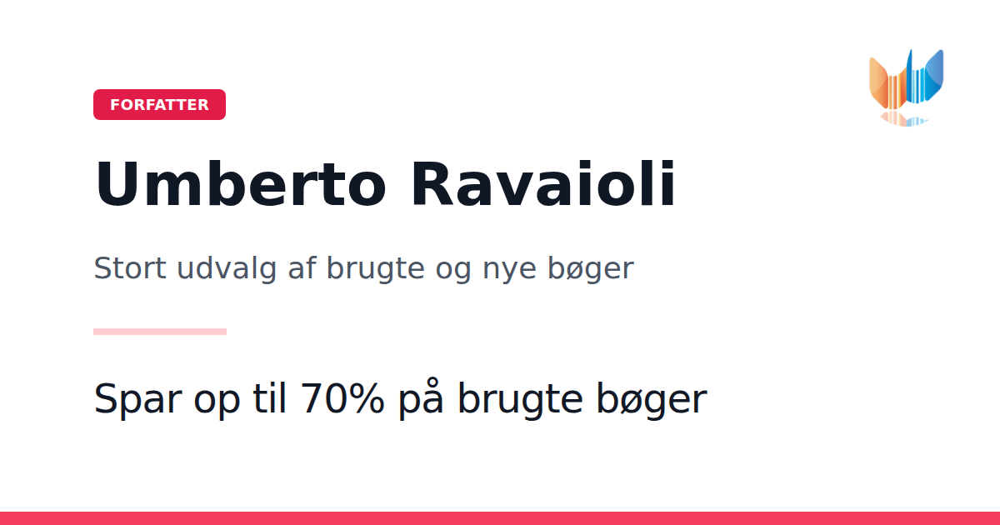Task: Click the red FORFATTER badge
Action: pos(159,104)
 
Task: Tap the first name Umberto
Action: pos(240,184)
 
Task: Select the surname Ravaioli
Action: pos(542,184)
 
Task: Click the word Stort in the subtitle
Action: pos(130,268)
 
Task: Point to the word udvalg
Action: pos(227,269)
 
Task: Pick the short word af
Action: pos(302,267)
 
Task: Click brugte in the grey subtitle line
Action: pos(376,269)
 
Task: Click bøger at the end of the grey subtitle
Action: pos(591,269)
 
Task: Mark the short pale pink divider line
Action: pos(160,332)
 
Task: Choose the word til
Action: pos(269,397)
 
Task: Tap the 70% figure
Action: pos(342,398)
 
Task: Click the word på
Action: pos(421,399)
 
